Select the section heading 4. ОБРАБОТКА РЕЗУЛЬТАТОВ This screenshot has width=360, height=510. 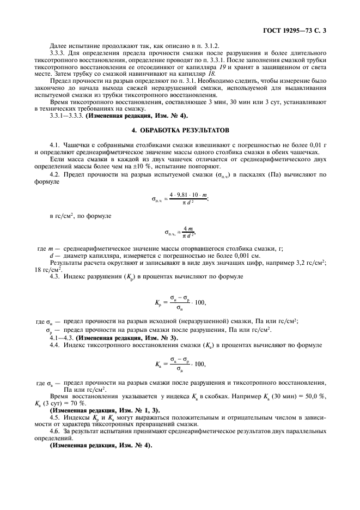180,131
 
